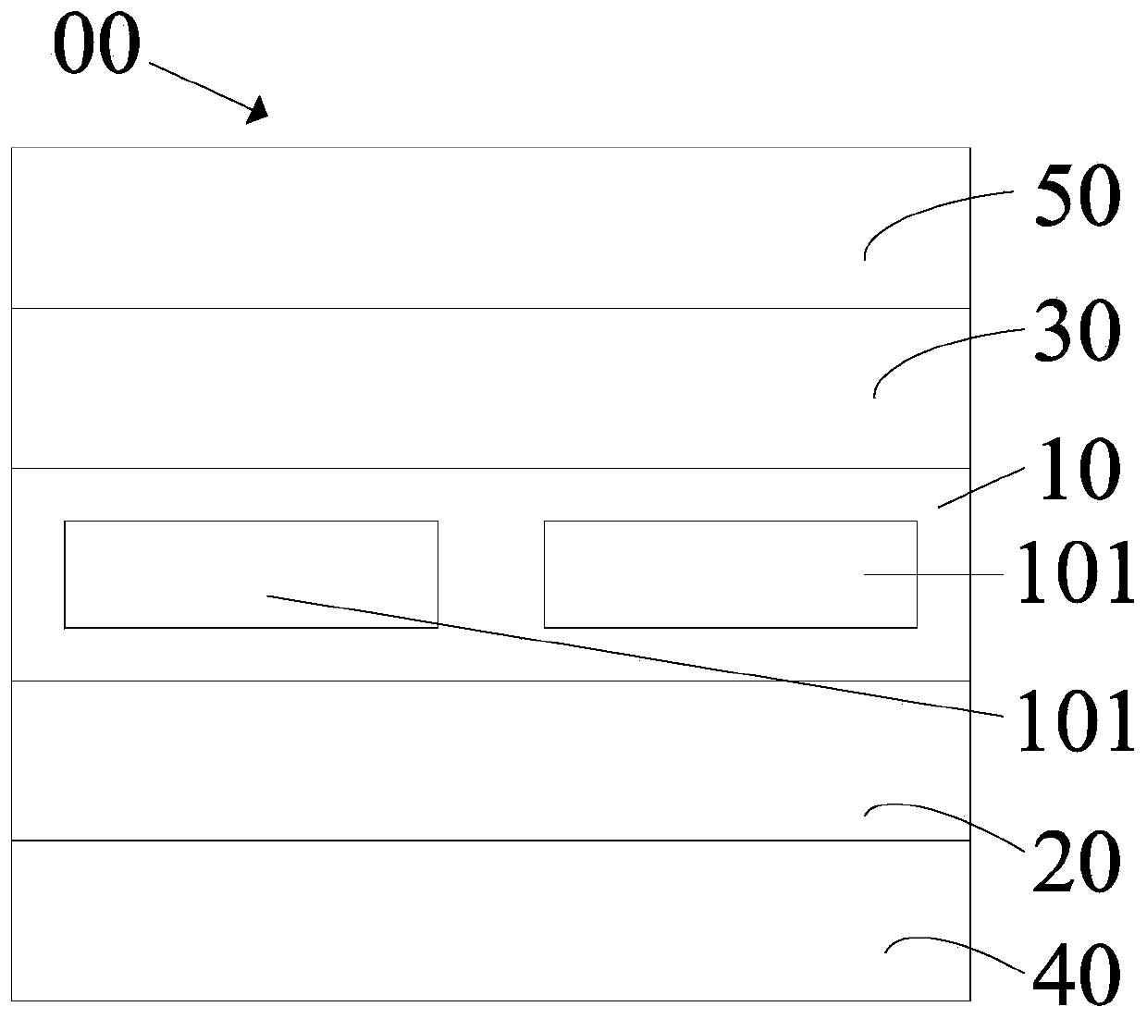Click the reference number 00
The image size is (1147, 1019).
[97, 46]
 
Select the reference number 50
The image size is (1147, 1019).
[1077, 199]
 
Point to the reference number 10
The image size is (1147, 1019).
[1079, 472]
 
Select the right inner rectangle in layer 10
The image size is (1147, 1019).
[703, 573]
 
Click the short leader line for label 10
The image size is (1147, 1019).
[980, 486]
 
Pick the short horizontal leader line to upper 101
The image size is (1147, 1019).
[934, 574]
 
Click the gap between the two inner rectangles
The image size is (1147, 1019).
[490, 574]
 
